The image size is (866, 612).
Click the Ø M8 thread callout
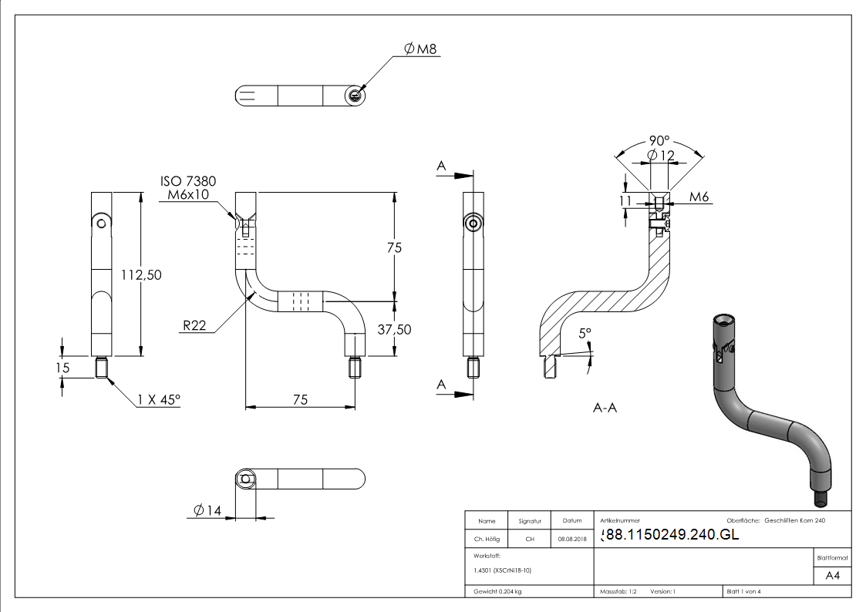[x=420, y=49]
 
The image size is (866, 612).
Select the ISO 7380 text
[x=188, y=181]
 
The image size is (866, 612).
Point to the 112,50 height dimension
[x=141, y=274]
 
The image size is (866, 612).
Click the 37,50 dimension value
[x=393, y=329]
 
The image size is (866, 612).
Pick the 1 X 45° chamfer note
[x=158, y=400]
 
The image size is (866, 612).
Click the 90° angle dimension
[x=659, y=141]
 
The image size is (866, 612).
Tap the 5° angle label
[x=585, y=333]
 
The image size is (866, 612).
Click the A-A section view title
[x=605, y=408]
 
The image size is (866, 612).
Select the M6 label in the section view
[x=699, y=199]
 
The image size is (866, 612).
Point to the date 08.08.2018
[x=571, y=540]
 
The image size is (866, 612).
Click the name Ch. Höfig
[x=487, y=540]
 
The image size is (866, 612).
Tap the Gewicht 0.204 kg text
[x=497, y=592]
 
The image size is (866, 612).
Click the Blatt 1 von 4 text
[x=743, y=592]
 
